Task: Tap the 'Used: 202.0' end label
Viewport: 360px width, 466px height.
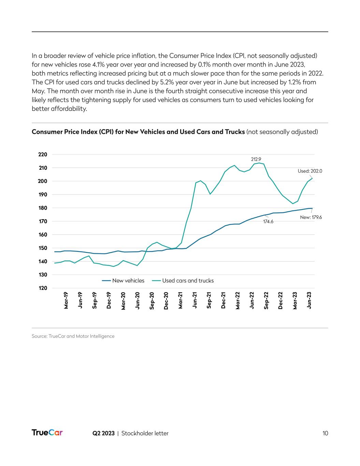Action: pyautogui.click(x=310, y=171)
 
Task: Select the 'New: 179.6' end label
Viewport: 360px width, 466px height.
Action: pyautogui.click(x=311, y=217)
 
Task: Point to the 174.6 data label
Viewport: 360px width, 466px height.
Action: pyautogui.click(x=268, y=221)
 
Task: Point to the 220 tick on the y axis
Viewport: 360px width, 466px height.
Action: pyautogui.click(x=43, y=155)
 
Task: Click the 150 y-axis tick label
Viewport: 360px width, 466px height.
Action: pyautogui.click(x=43, y=248)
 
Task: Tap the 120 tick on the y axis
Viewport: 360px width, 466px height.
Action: pyautogui.click(x=43, y=288)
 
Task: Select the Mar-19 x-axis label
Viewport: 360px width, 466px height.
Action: pyautogui.click(x=66, y=300)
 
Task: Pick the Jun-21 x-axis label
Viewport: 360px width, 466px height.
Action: pyautogui.click(x=195, y=300)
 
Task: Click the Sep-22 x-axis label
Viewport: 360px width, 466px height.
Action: pyautogui.click(x=266, y=300)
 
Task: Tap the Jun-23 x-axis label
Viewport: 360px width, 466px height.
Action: pyautogui.click(x=309, y=300)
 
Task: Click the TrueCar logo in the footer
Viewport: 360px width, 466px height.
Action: pyautogui.click(x=47, y=433)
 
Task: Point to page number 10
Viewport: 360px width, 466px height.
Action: pyautogui.click(x=325, y=433)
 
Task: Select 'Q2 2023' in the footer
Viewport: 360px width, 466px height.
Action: pyautogui.click(x=103, y=433)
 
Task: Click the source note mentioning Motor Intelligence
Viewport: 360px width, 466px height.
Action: pyautogui.click(x=73, y=336)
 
